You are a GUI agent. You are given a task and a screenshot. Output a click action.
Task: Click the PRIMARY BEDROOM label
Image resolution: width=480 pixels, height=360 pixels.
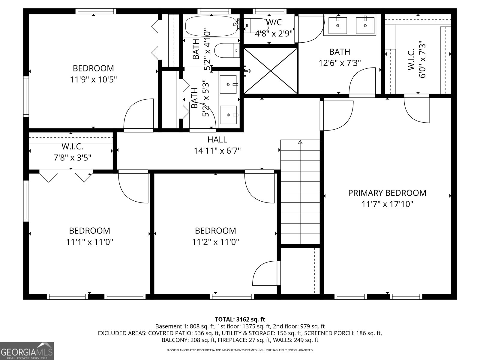pyautogui.click(x=387, y=193)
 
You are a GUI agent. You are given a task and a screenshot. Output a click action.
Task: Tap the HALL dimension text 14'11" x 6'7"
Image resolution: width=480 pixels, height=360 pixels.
pyautogui.click(x=217, y=151)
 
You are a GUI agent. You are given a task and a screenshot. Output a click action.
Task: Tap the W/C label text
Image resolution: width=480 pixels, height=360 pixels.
pyautogui.click(x=274, y=22)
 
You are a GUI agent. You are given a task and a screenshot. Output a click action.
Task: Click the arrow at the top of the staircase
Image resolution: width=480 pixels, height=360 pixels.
pyautogui.click(x=300, y=142)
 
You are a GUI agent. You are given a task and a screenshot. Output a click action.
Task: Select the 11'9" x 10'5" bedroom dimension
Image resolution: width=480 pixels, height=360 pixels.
pyautogui.click(x=93, y=80)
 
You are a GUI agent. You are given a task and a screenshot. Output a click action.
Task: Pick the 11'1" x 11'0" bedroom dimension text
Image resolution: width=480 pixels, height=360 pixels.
pyautogui.click(x=89, y=242)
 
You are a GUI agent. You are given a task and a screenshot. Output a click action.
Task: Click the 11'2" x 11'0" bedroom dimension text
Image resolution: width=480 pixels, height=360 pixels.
pyautogui.click(x=215, y=242)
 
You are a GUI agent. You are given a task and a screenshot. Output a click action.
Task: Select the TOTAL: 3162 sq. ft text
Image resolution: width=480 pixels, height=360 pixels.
pyautogui.click(x=240, y=319)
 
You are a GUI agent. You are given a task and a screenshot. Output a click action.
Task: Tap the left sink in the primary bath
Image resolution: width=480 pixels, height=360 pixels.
pyautogui.click(x=337, y=25)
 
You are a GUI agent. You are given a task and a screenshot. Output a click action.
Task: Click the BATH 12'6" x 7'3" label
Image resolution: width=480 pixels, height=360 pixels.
pyautogui.click(x=340, y=57)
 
